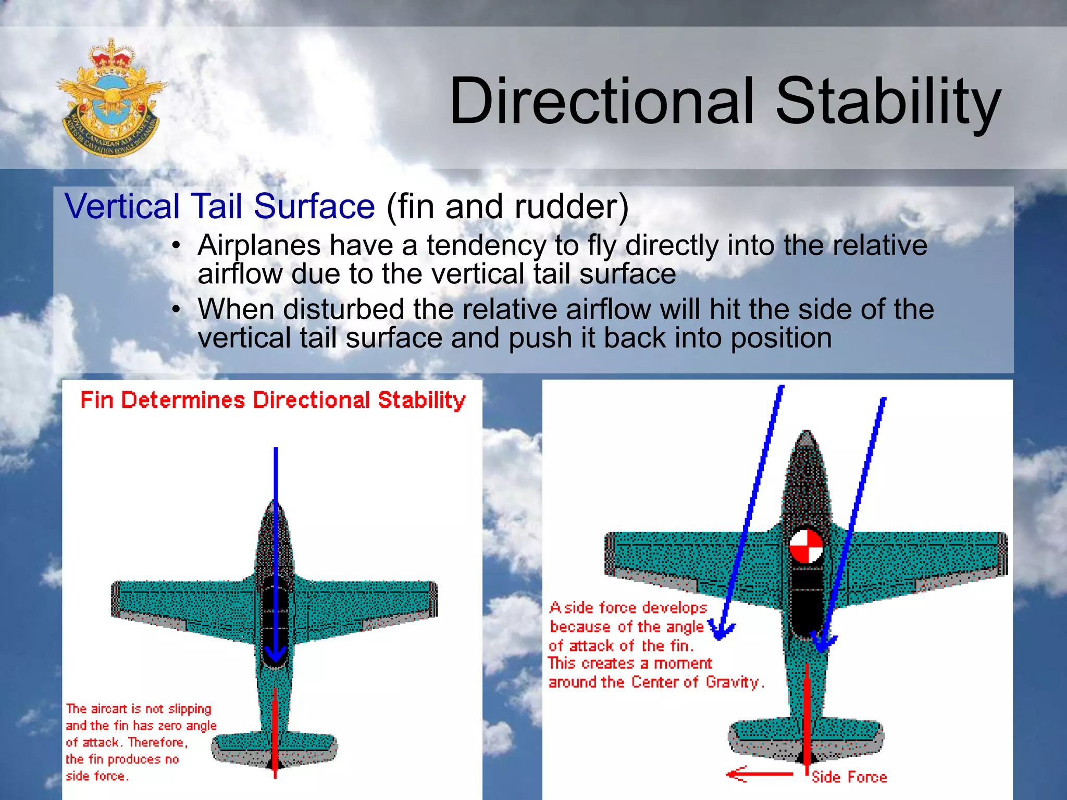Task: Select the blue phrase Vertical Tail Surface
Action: coord(219,206)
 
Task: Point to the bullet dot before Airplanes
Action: coord(177,245)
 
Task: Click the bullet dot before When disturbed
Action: coord(177,309)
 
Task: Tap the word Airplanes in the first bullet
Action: coord(258,245)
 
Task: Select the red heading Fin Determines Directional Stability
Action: coord(272,400)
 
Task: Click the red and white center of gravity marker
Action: coord(805,546)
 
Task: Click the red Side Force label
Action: coord(849,777)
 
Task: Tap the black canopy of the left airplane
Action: coord(275,615)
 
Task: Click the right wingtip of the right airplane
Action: coord(1001,553)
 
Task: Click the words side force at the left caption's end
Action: coord(96,776)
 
